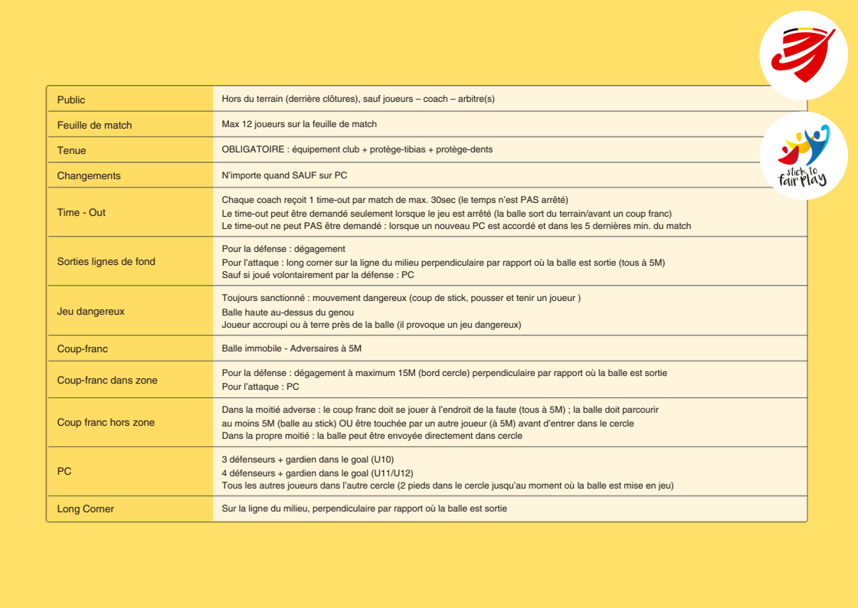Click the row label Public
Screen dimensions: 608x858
tap(71, 100)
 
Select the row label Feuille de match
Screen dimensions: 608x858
tap(94, 125)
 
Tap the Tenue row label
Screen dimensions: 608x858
tap(71, 150)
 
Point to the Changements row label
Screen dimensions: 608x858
tap(89, 175)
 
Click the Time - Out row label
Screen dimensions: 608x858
tap(81, 212)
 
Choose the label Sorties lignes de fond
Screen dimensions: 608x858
tap(106, 261)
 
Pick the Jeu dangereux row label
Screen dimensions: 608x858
tap(90, 311)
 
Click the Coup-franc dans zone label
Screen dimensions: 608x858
tap(107, 380)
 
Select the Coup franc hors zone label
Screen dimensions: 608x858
tap(106, 422)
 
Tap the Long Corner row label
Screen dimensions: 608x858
tap(85, 508)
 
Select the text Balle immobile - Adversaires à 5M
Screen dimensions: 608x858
tap(291, 348)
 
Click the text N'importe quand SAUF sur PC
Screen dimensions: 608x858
tap(284, 175)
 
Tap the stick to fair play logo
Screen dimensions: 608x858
tap(804, 156)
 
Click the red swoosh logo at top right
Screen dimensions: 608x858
tap(804, 55)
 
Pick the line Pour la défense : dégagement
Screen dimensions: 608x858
tap(283, 249)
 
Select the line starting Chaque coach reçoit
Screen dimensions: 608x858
tap(395, 200)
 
